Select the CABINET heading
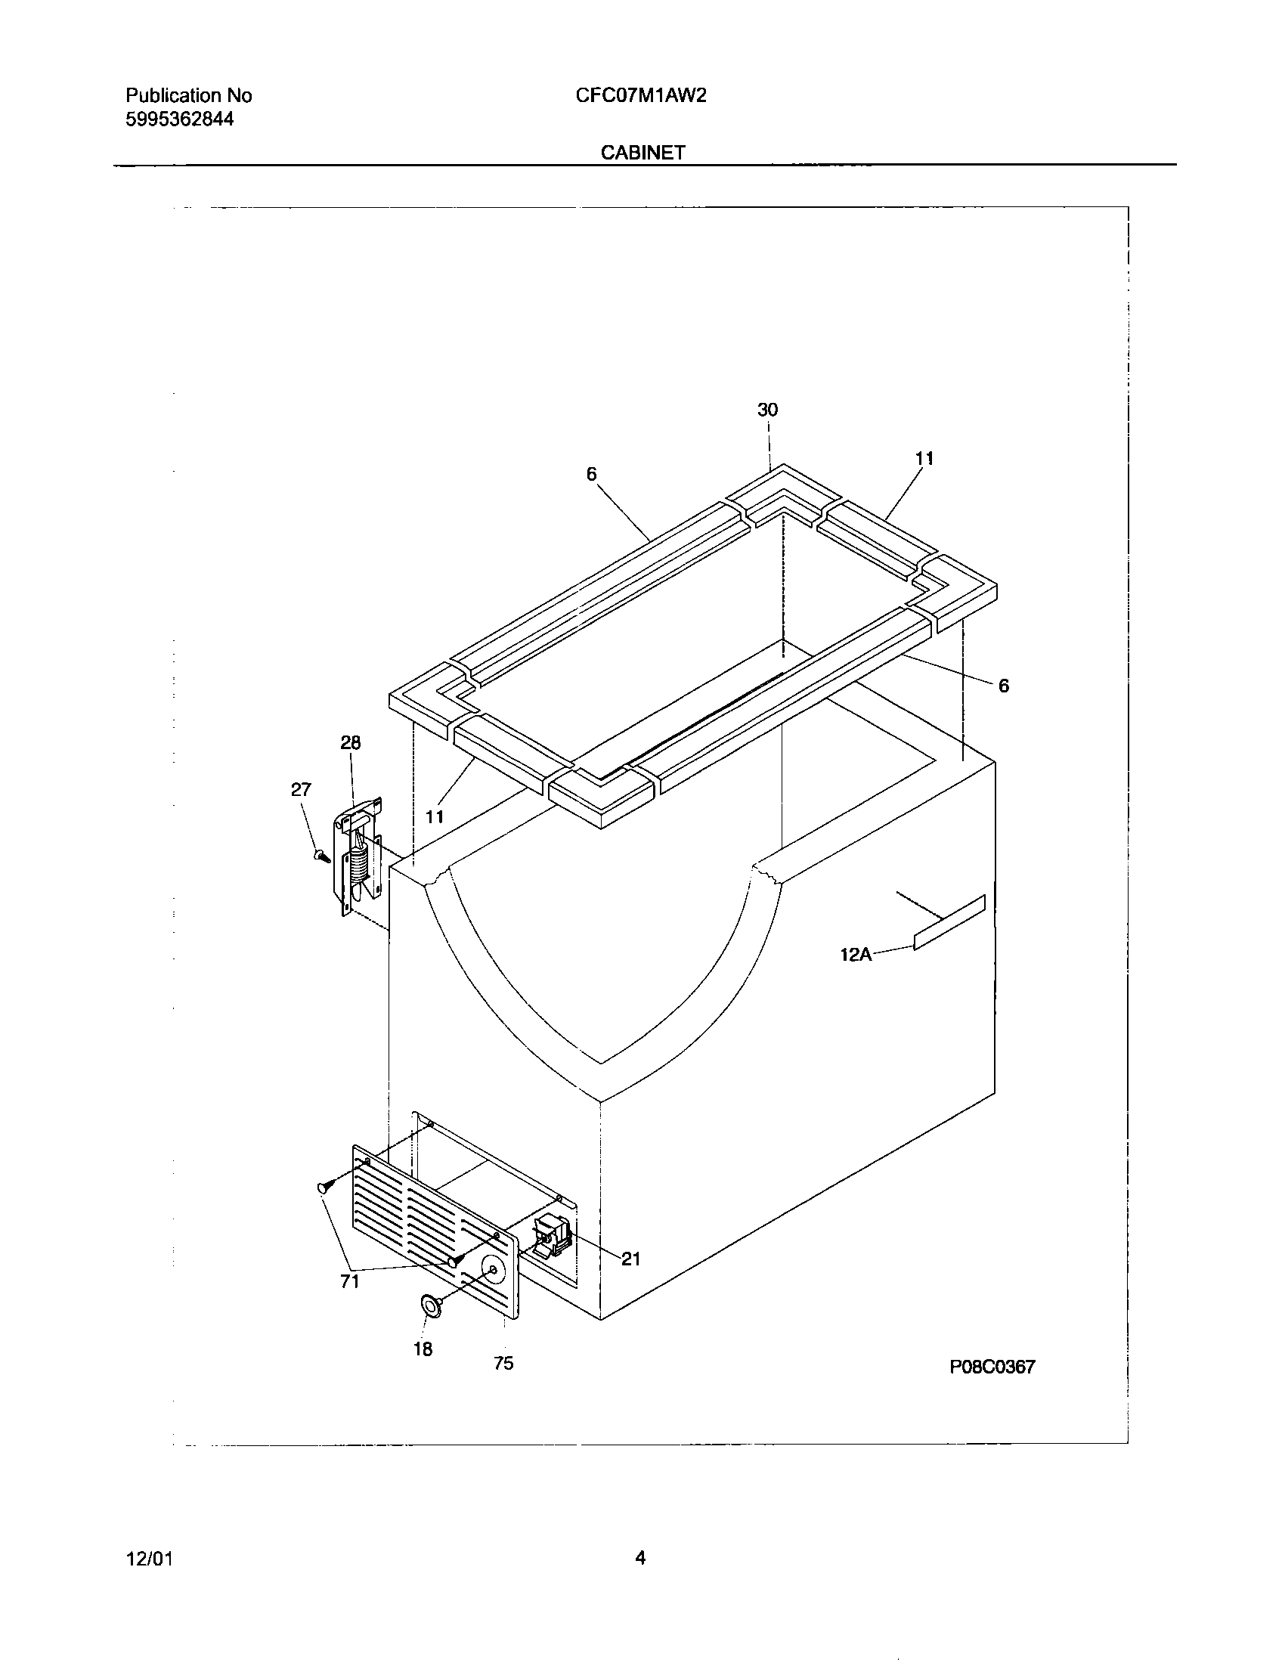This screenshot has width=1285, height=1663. [x=642, y=152]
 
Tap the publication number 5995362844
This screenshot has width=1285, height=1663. [x=179, y=119]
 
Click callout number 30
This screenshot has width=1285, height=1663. [x=767, y=410]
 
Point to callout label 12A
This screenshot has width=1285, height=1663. [x=855, y=954]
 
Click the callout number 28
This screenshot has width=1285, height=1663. [x=350, y=742]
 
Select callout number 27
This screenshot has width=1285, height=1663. [x=301, y=790]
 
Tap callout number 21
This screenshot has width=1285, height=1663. [x=631, y=1259]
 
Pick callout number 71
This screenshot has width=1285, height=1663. [x=349, y=1281]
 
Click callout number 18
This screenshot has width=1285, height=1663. [x=423, y=1349]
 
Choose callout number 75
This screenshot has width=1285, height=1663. [x=503, y=1364]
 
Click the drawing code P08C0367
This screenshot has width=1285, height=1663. [x=992, y=1367]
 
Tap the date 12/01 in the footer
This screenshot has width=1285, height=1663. [x=149, y=1559]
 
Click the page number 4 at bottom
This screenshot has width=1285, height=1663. [x=640, y=1558]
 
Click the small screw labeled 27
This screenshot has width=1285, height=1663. [x=320, y=856]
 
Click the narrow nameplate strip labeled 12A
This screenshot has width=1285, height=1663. [x=949, y=922]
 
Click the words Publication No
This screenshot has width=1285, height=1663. [x=188, y=96]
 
